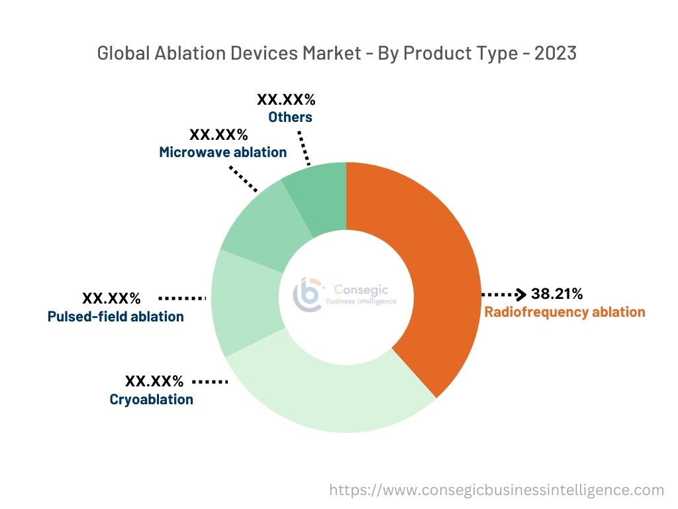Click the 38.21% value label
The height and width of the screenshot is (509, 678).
click(x=557, y=294)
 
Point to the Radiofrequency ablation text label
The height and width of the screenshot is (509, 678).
click(x=565, y=312)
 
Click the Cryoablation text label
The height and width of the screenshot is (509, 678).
click(x=151, y=400)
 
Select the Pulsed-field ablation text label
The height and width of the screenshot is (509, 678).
click(x=116, y=317)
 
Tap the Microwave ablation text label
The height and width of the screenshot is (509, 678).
click(x=222, y=152)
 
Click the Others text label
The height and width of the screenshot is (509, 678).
click(x=290, y=117)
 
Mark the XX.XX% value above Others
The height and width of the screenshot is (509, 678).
click(x=286, y=100)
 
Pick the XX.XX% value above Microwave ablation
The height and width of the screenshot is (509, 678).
click(x=218, y=135)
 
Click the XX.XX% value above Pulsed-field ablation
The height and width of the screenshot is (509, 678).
click(x=111, y=298)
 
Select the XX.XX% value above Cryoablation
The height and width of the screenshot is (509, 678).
click(x=154, y=381)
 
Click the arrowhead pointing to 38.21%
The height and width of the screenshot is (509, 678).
click(x=522, y=294)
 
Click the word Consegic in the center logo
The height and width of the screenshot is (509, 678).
click(x=361, y=289)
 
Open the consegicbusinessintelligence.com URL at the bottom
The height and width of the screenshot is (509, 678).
click(x=497, y=490)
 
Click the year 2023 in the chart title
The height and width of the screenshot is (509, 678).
click(x=556, y=53)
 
